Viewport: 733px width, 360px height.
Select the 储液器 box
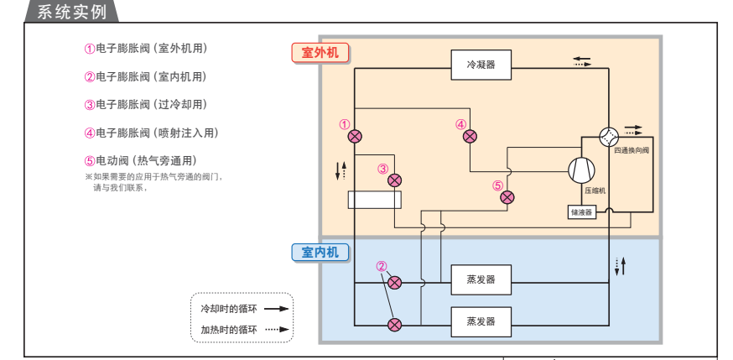point(581,212)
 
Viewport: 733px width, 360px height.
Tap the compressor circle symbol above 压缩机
point(581,170)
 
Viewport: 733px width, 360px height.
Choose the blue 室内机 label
point(320,252)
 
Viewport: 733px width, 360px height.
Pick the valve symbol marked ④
point(470,136)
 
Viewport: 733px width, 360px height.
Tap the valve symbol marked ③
point(394,180)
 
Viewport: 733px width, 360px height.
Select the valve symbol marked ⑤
point(507,197)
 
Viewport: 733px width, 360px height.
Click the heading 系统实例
point(72,11)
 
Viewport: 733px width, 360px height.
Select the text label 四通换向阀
point(632,151)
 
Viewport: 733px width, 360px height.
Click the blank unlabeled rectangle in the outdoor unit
point(375,200)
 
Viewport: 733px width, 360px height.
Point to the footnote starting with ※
point(159,182)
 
